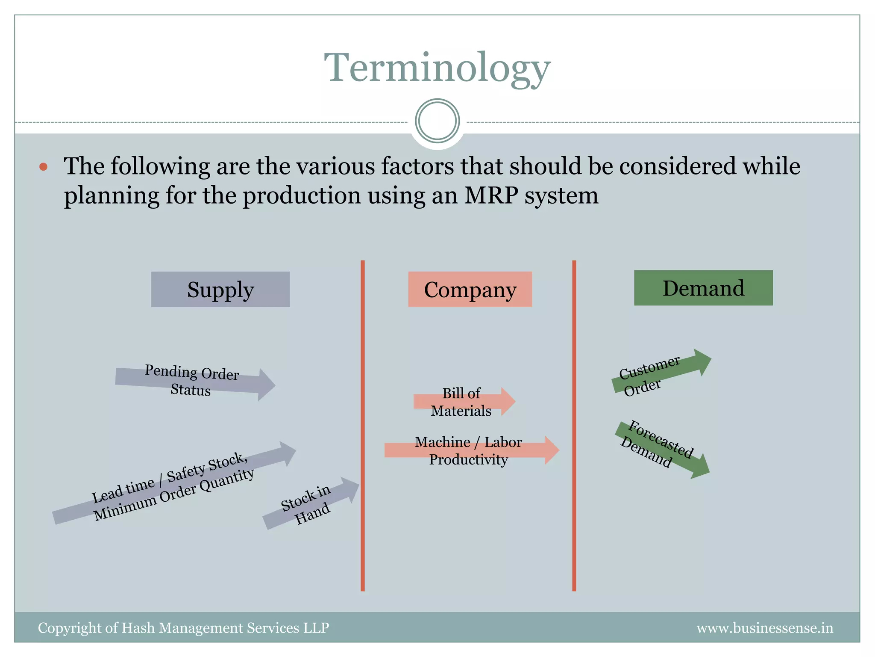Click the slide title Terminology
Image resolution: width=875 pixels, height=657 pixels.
click(437, 68)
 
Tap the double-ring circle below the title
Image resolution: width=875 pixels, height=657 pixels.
click(437, 121)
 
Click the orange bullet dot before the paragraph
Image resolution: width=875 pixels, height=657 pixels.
click(43, 166)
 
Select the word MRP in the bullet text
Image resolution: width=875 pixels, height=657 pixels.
click(491, 196)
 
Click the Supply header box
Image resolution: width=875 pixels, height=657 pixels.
click(220, 289)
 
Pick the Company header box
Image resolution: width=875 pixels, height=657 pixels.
click(470, 289)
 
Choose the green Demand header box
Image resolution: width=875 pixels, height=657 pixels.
click(703, 288)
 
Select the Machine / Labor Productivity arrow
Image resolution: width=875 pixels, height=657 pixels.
click(470, 450)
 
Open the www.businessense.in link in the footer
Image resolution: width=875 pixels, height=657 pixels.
click(764, 627)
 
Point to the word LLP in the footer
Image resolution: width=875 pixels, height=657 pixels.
click(316, 627)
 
